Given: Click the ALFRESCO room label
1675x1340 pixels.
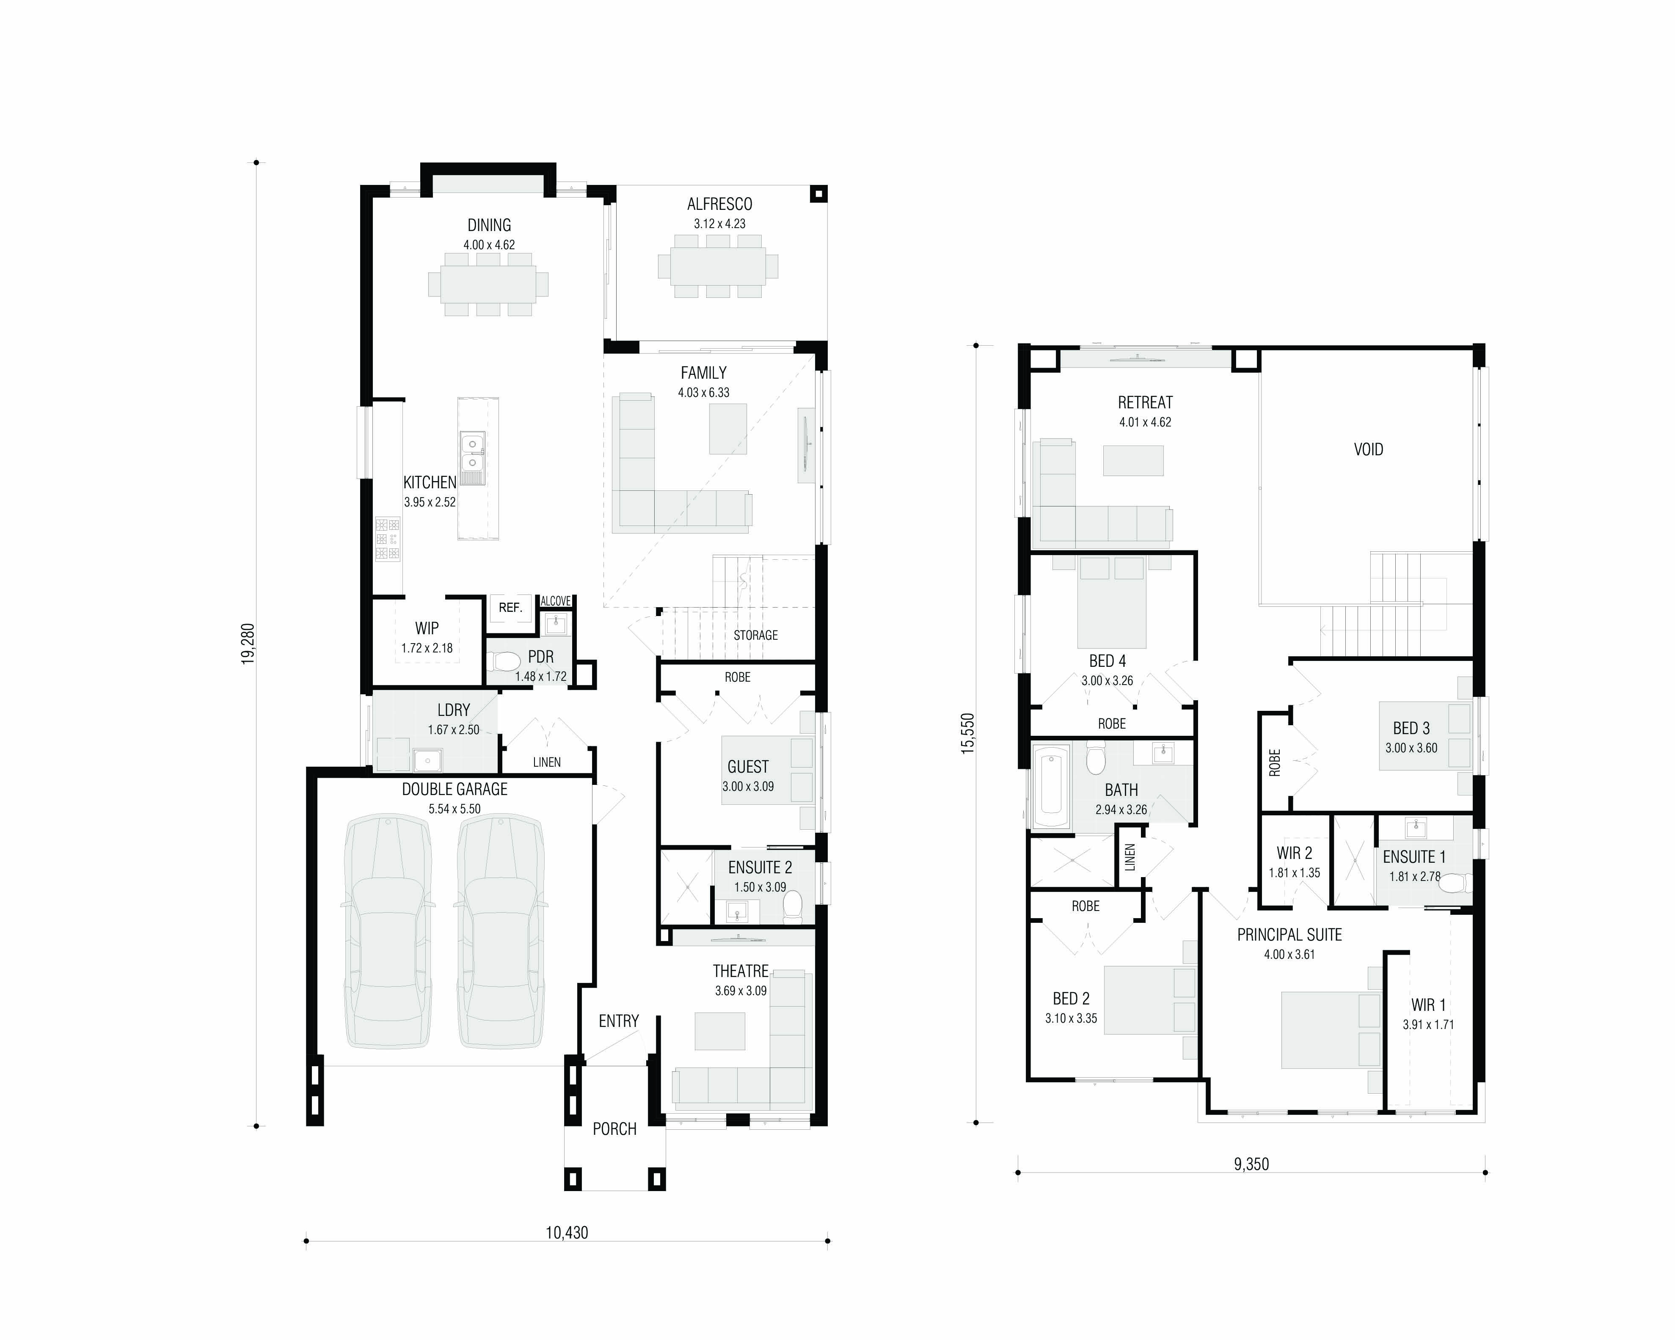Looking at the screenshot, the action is tap(719, 204).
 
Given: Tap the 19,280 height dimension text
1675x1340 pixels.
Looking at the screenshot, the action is tap(248, 644).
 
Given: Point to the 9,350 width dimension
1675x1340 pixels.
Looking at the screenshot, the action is tap(1251, 1164).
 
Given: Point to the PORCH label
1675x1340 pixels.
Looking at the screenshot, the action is tap(614, 1129).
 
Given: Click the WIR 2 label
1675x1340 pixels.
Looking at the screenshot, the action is tap(1294, 853).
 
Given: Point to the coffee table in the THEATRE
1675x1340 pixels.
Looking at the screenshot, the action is tap(719, 1031).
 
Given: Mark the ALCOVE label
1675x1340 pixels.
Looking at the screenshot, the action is tap(556, 601).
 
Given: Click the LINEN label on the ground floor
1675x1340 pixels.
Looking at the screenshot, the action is tap(546, 762).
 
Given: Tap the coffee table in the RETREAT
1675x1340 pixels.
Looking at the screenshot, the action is tap(1133, 461).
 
